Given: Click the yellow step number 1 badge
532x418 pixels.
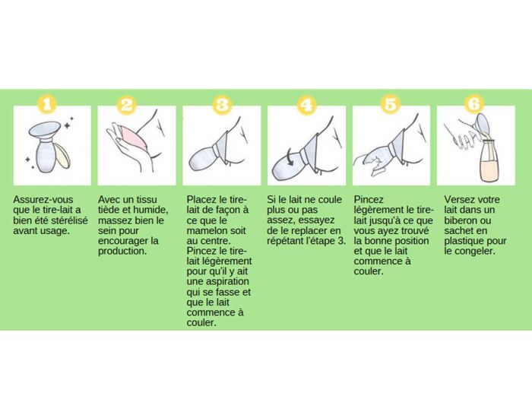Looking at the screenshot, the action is click(x=47, y=104).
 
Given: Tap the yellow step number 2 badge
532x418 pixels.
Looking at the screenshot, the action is click(x=127, y=104).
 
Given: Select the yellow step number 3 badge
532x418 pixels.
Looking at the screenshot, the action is click(x=222, y=104).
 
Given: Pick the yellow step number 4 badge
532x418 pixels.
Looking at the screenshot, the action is click(x=306, y=104).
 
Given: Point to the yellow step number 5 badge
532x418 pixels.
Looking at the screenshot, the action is click(x=390, y=104).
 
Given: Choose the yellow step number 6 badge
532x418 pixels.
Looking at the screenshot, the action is click(x=474, y=104).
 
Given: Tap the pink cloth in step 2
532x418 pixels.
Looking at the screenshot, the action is click(x=133, y=138).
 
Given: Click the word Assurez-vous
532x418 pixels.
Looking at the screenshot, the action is click(x=43, y=199).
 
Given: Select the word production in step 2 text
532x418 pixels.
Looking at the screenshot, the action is click(x=122, y=252).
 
